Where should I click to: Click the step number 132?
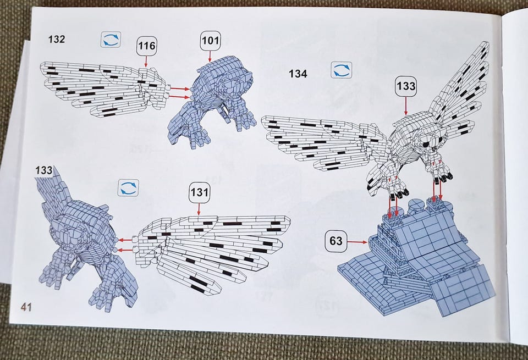57,40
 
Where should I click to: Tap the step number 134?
298,74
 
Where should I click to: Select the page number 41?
26,307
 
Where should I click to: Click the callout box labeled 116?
147,46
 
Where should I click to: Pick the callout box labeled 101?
211,41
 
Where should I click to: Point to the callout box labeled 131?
199,192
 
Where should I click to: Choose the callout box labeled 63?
335,241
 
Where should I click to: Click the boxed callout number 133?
406,86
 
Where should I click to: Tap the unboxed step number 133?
44,170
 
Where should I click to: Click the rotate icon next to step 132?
111,39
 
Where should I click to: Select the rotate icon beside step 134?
342,70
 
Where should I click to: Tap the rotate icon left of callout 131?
129,188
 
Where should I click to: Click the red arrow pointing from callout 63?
358,242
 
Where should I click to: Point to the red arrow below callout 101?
211,56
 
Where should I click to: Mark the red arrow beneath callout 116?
146,61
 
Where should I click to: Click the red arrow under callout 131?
199,209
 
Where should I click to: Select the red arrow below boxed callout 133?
406,106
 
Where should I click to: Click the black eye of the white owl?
426,144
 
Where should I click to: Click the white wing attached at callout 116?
103,88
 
